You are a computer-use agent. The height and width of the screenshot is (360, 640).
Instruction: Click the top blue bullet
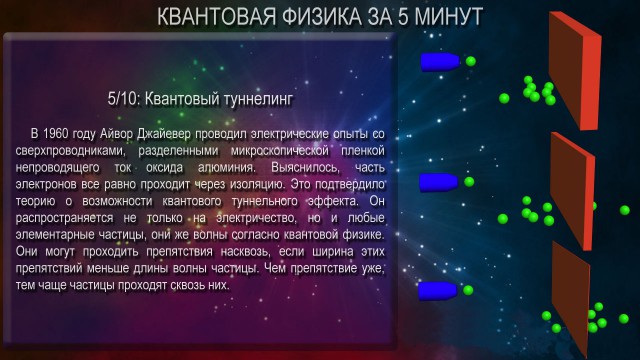(440, 62)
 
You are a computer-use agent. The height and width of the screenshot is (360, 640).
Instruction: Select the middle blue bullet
(438, 181)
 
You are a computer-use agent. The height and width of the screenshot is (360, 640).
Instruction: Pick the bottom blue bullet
(438, 291)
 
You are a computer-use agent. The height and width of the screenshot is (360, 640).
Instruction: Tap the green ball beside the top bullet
(470, 62)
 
